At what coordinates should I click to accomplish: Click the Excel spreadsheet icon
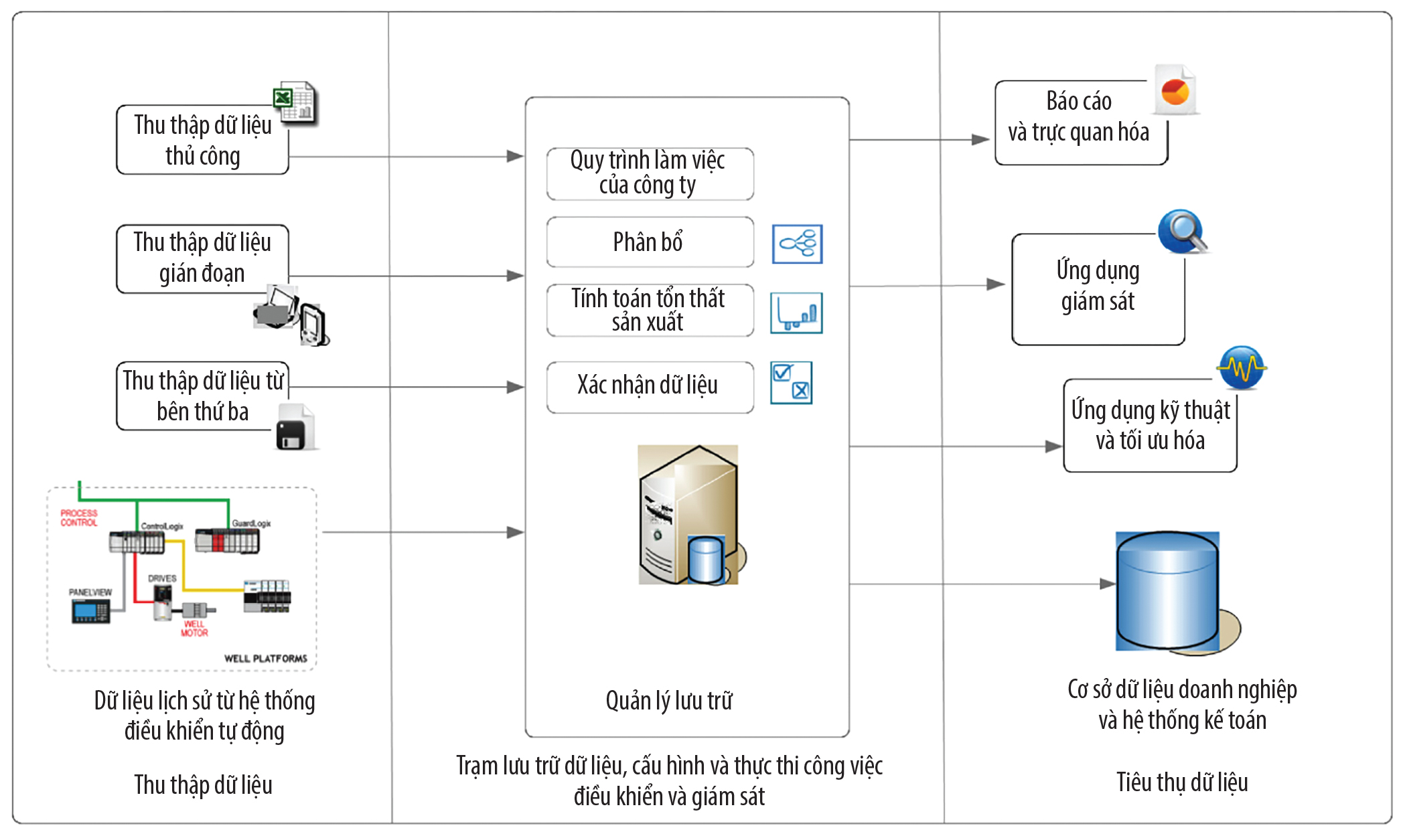coord(295,103)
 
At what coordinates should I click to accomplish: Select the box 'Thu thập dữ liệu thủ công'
coord(202,141)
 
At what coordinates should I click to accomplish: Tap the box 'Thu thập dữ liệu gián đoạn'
coord(202,258)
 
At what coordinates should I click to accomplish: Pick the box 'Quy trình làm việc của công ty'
coord(649,173)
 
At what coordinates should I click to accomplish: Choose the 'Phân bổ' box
coord(649,242)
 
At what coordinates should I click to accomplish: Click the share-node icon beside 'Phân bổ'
coord(797,244)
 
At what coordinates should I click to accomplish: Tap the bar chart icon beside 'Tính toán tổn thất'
coord(796,313)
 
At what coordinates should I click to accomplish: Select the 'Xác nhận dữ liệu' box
coord(649,386)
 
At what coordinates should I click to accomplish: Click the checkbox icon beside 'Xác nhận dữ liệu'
coord(791,382)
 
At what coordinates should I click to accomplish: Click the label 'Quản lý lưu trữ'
coord(668,701)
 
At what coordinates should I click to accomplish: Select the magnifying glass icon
coord(1183,232)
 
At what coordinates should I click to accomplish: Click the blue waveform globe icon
coord(1241,367)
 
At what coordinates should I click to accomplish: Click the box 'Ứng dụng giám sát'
coord(1098,288)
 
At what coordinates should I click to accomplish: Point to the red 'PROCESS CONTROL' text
coord(79,517)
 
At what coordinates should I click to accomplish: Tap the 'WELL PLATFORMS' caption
coord(265,659)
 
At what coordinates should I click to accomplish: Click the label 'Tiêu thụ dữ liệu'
coord(1181,782)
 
